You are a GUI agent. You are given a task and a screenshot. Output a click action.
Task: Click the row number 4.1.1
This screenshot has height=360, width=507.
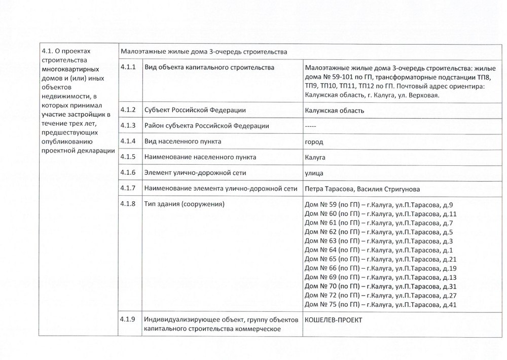[x=127, y=67]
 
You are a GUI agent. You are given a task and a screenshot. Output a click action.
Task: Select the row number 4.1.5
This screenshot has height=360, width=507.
[x=127, y=157]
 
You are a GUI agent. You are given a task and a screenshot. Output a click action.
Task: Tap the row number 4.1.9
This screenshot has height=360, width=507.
[x=127, y=319]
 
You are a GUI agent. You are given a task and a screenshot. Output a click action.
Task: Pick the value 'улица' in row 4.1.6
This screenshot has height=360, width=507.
[x=314, y=173]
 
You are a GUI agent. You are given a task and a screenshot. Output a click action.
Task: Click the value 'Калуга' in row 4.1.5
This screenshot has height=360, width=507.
[x=315, y=157]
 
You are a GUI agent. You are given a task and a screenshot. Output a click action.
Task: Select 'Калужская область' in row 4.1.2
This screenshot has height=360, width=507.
[x=335, y=110]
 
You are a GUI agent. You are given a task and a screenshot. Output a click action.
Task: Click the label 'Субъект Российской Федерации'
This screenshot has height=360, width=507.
[x=195, y=110]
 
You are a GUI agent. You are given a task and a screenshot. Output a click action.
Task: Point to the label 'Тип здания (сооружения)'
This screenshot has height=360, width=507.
[x=185, y=204]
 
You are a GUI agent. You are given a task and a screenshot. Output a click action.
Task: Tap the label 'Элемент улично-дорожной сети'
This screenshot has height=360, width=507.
[x=195, y=173]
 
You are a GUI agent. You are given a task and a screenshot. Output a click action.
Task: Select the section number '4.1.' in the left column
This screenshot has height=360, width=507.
[x=47, y=51]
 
